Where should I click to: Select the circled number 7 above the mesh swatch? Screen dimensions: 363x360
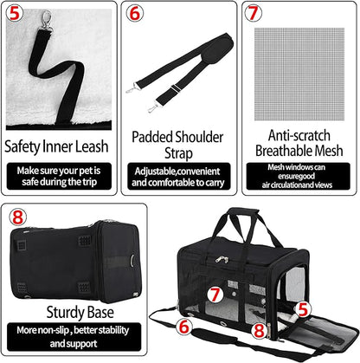(x=252, y=13)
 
